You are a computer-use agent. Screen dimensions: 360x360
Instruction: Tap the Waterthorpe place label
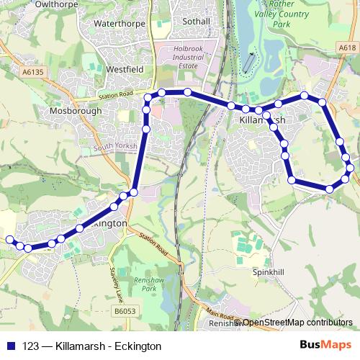coord(120,23)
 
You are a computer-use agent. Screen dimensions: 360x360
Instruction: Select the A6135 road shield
coord(34,72)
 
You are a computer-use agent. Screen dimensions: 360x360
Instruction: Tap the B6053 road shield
coord(125,311)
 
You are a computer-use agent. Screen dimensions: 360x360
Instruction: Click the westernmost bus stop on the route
coord(9,239)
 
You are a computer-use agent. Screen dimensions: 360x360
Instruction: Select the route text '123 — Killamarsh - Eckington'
coord(91,346)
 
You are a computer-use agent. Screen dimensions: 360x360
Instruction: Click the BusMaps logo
coord(326,346)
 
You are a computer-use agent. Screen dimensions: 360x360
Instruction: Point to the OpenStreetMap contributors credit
coord(297,323)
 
